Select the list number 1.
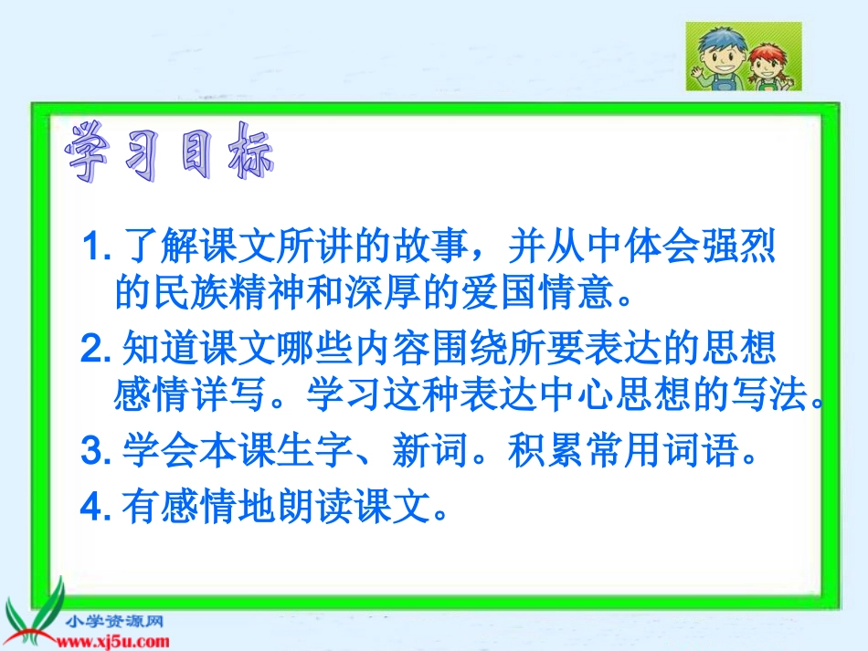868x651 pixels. [94, 247]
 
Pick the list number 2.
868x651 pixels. [94, 349]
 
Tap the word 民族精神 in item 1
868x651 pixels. [227, 294]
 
